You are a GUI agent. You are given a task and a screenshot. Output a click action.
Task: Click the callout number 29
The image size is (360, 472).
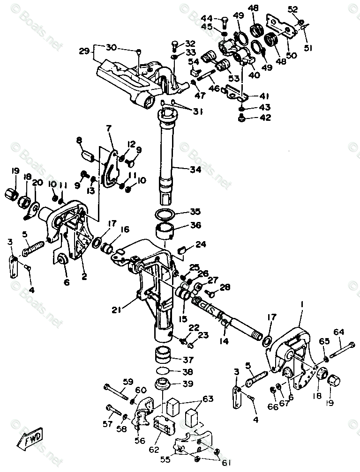click(84, 51)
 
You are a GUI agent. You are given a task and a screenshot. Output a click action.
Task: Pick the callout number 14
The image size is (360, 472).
click(224, 341)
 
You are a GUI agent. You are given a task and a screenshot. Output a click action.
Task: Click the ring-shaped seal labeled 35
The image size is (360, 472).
click(165, 214)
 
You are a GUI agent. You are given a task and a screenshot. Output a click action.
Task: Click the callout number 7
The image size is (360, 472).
click(109, 128)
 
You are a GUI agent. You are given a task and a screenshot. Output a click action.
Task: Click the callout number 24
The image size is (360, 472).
click(201, 244)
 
